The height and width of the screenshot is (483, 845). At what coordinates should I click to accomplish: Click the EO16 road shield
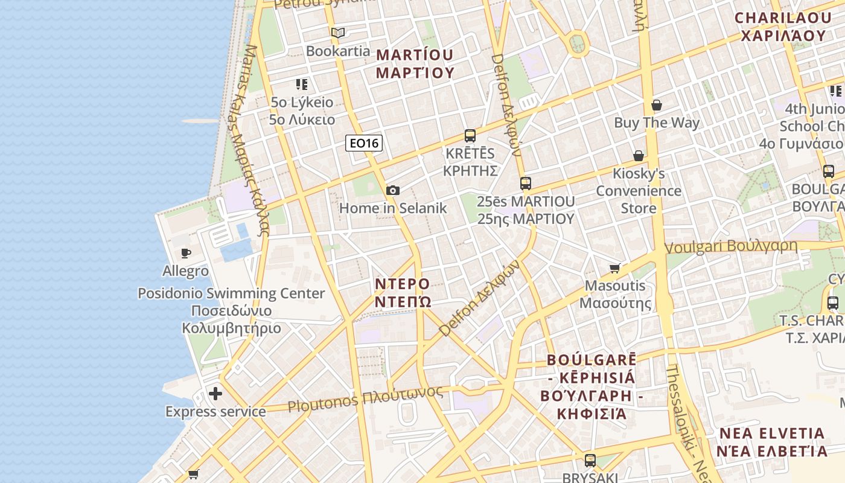pos(364,143)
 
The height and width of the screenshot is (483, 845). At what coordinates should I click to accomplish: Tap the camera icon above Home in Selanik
pos(393,191)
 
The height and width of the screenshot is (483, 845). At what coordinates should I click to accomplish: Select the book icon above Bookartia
pos(338,33)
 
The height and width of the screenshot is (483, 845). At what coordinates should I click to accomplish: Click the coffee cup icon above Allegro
pos(186,253)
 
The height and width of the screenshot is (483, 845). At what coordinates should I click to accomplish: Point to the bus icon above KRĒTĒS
pos(470,136)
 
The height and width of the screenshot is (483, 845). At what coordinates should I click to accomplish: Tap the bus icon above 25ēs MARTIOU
pos(526,184)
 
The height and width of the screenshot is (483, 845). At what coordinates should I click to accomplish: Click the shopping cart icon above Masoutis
pos(615,268)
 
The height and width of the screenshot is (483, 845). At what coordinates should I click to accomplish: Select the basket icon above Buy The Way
pos(657,106)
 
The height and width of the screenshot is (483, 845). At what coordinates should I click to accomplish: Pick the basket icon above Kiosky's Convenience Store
pos(639,156)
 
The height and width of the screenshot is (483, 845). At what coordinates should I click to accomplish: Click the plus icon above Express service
pos(215,394)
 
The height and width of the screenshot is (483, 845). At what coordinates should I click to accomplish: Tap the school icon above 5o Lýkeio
pos(302,85)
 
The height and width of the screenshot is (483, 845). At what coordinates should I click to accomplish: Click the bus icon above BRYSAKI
pos(590,461)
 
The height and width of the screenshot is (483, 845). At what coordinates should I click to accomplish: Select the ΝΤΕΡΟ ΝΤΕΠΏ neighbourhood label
pos(403,292)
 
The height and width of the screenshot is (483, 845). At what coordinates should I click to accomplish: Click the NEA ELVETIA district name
pos(772,442)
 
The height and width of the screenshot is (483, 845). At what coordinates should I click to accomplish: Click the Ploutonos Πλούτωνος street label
pos(365,399)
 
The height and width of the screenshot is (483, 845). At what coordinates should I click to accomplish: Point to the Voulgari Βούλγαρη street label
pos(730,246)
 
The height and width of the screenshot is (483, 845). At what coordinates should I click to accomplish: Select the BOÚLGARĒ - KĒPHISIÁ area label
pos(591,386)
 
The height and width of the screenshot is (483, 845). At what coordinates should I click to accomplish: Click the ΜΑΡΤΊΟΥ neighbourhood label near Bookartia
pos(415,63)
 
